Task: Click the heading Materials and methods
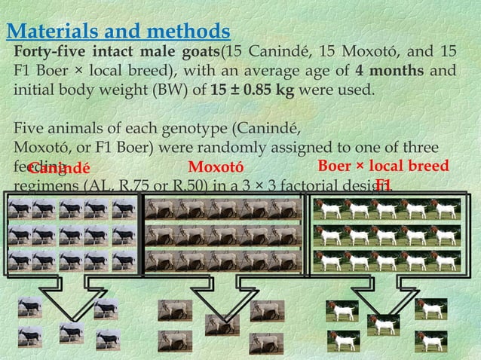tap(118, 32)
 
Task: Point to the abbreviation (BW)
tap(175, 91)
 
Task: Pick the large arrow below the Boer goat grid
tap(387, 291)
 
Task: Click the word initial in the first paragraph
tap(35, 91)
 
